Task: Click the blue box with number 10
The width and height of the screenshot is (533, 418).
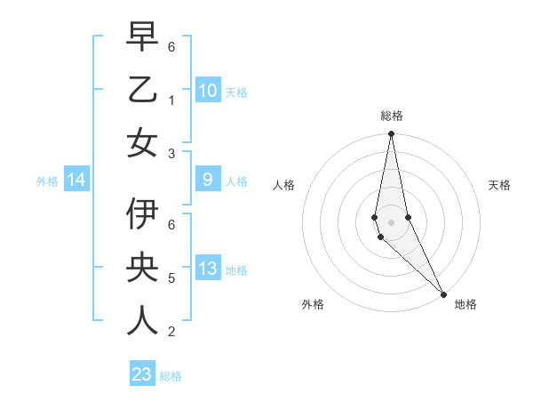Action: click(x=207, y=91)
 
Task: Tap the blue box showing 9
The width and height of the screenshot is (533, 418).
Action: click(x=207, y=181)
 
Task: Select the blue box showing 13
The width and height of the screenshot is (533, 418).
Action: click(x=207, y=269)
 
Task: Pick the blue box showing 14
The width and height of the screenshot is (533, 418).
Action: click(x=76, y=181)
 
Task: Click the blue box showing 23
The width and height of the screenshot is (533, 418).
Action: click(x=142, y=374)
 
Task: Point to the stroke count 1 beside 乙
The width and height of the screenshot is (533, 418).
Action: click(x=171, y=99)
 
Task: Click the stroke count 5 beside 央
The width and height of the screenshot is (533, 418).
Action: click(x=171, y=277)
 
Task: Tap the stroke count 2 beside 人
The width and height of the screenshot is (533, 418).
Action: click(x=171, y=331)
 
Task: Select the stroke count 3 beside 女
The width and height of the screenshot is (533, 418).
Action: click(x=171, y=152)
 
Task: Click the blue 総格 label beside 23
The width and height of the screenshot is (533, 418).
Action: click(x=171, y=376)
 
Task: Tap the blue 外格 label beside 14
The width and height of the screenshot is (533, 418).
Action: click(x=47, y=181)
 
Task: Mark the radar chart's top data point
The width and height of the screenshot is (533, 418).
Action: click(x=391, y=134)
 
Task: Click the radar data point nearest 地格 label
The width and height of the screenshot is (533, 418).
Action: click(x=443, y=293)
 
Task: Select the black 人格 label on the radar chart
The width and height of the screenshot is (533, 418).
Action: click(x=283, y=185)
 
